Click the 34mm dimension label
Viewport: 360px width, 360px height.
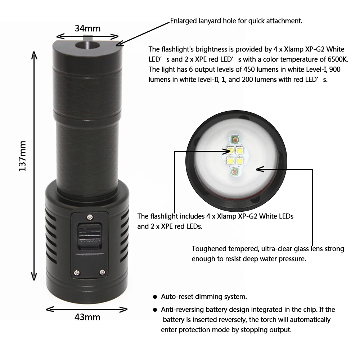point(87,28)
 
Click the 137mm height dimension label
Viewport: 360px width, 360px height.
point(22,156)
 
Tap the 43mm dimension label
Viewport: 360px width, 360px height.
point(87,317)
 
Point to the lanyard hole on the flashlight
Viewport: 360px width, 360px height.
point(87,45)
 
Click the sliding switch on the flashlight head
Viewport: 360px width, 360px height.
point(90,237)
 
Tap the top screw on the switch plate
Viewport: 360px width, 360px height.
point(90,217)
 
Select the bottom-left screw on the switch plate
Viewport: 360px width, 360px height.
point(77,273)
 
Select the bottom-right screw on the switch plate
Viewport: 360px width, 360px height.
point(102,273)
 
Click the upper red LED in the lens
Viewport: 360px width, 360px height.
point(235,139)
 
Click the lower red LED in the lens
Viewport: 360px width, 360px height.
point(234,172)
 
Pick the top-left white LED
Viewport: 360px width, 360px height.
point(230,151)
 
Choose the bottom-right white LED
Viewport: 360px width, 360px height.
point(239,161)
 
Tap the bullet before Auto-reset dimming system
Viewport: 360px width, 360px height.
point(155,297)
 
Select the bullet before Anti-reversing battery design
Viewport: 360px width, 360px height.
point(155,310)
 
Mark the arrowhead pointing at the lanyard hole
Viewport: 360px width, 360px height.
point(120,43)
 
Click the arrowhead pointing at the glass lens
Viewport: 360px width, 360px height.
point(260,169)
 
